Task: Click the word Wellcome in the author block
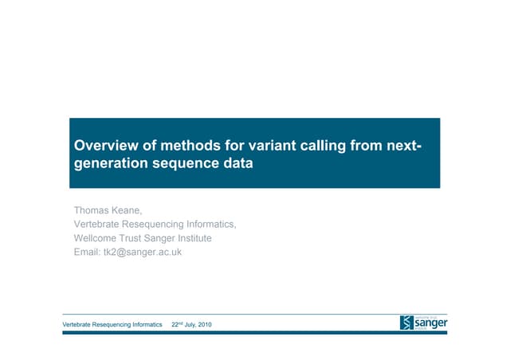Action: click(100, 238)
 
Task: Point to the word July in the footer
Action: click(190, 324)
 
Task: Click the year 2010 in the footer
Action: click(206, 324)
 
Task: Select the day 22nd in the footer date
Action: click(177, 324)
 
